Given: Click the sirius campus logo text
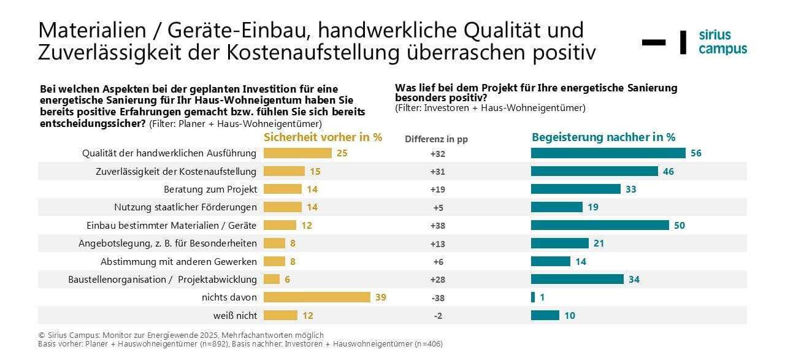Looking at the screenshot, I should click(x=722, y=42).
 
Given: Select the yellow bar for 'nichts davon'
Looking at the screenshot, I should click(x=317, y=297).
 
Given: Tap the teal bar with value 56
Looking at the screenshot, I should click(x=608, y=153).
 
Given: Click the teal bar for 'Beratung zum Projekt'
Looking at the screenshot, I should click(x=575, y=189).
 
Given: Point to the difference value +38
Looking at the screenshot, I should click(x=437, y=226).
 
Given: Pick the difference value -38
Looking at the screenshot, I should click(x=437, y=298).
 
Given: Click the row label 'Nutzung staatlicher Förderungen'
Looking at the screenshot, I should click(x=185, y=207).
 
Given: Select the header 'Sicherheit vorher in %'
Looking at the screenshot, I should click(x=323, y=137).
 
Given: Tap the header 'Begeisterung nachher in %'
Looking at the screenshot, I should click(x=603, y=137).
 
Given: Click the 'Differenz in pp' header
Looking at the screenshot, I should click(x=436, y=139).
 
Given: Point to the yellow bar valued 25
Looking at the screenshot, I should click(x=297, y=153).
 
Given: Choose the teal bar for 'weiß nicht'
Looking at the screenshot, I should click(x=545, y=315).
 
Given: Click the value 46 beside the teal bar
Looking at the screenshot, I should click(x=668, y=172).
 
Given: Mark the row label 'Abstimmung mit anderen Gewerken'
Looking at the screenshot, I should click(x=178, y=262).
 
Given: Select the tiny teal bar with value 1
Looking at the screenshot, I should click(x=532, y=297).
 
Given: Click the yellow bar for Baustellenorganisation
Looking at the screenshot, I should click(x=272, y=280).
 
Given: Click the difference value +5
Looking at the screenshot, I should click(x=437, y=207).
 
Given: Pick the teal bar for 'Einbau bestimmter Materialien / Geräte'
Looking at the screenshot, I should click(x=599, y=225).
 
